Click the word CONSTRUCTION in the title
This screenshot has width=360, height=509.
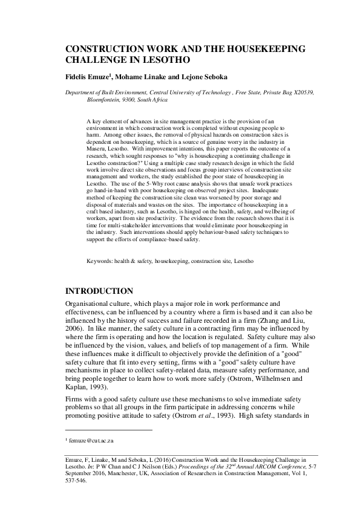108,49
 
